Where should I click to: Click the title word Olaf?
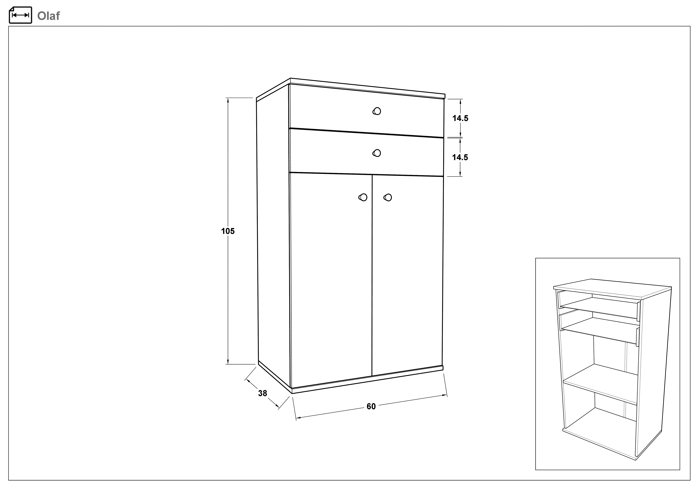(48, 16)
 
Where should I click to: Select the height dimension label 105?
(228, 231)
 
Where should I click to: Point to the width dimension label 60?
(371, 406)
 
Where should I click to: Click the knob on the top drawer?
(377, 111)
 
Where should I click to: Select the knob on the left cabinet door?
(363, 197)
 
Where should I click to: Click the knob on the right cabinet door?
(388, 197)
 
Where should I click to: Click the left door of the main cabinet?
(331, 280)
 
